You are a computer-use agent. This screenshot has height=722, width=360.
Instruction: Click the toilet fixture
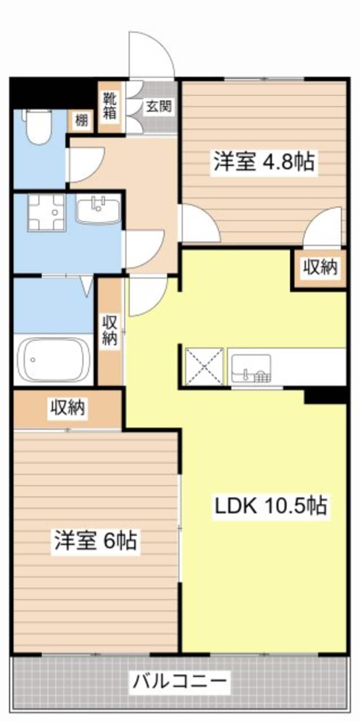point(38,126)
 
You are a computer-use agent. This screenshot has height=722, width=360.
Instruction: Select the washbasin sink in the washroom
point(98,209)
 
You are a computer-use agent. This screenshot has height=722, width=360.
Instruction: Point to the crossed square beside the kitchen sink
point(204,366)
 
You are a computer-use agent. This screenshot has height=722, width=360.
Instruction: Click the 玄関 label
point(159,106)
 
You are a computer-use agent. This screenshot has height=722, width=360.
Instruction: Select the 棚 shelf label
point(81,121)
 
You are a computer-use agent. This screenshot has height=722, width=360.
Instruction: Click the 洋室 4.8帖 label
point(264,162)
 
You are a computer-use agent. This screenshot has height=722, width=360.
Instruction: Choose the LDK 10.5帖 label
point(270,505)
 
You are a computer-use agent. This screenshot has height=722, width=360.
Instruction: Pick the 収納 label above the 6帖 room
point(68,408)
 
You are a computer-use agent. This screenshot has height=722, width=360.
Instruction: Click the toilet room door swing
point(85,164)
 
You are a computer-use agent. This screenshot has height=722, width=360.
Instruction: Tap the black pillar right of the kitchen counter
point(326,395)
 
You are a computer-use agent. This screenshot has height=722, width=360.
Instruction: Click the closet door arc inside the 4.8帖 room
point(323,228)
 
